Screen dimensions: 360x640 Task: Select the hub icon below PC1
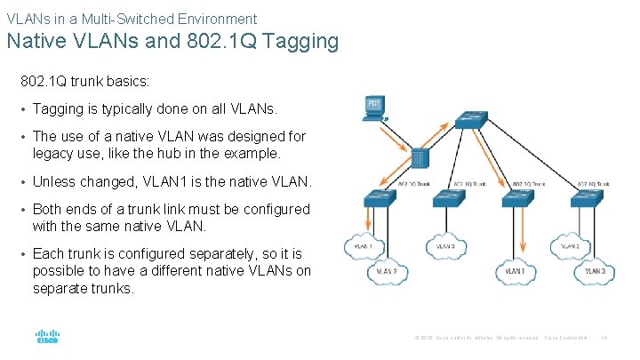(421, 158)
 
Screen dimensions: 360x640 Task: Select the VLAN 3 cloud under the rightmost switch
(595, 271)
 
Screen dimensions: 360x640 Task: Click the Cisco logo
(46, 338)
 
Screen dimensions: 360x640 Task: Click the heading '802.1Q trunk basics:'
(85, 81)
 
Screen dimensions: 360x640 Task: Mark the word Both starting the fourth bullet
(48, 210)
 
